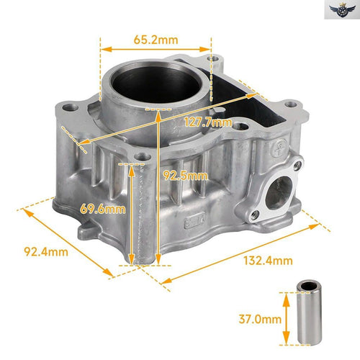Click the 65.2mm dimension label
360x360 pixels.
point(156,40)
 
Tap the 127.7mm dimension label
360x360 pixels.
point(208,122)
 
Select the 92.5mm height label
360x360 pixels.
point(185,176)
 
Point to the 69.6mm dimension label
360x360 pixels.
point(103,209)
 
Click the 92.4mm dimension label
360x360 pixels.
point(46,252)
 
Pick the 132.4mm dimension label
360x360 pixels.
point(268,261)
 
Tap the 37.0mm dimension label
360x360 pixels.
point(260,319)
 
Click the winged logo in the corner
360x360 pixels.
point(342,10)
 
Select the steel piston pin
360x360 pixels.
point(309,312)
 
